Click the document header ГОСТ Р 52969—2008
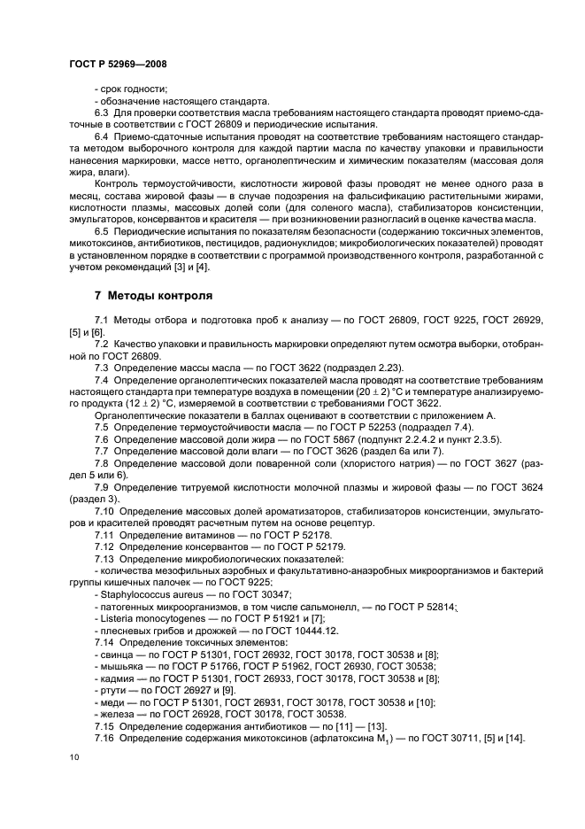118,64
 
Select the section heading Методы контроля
153,295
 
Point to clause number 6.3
102,113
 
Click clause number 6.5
102,231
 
